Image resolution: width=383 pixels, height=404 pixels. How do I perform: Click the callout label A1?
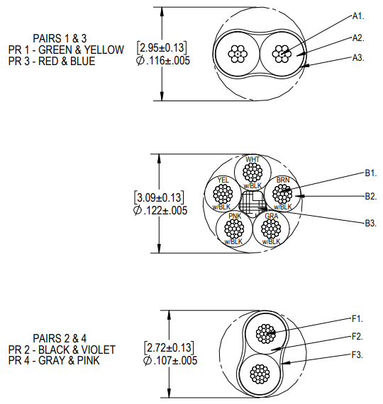click(x=358, y=16)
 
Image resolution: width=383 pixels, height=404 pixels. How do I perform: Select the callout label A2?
click(x=358, y=37)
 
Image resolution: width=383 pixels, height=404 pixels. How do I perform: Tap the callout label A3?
click(x=358, y=58)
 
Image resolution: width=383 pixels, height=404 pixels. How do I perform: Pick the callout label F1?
click(x=357, y=318)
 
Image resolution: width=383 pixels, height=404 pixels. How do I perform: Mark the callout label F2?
click(x=357, y=336)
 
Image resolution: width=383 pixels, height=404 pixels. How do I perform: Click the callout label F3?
click(x=357, y=354)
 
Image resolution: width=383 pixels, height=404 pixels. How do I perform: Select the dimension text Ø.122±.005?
click(x=160, y=211)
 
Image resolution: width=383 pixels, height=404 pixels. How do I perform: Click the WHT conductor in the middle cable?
click(x=252, y=173)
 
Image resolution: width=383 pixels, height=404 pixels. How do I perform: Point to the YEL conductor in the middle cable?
click(x=223, y=192)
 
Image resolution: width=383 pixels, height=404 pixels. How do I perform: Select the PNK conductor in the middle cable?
click(x=234, y=228)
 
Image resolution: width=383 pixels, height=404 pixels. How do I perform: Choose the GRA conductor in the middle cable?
click(x=271, y=228)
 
